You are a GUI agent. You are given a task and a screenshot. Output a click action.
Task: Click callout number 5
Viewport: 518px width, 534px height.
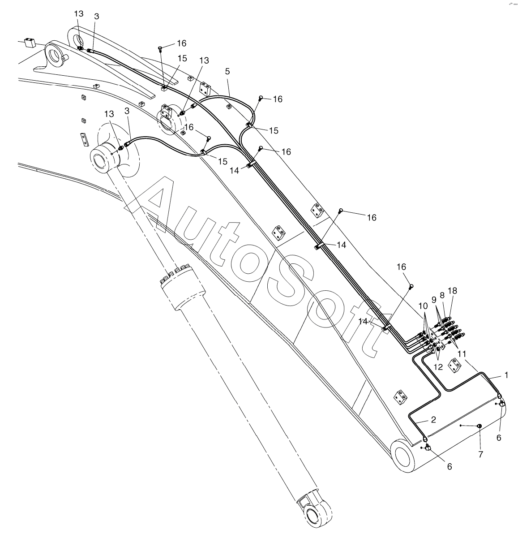point(227,72)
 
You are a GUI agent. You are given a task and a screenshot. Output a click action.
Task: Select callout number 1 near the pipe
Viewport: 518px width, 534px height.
point(506,375)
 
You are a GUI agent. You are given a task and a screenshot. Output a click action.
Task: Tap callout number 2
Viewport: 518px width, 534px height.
point(432,420)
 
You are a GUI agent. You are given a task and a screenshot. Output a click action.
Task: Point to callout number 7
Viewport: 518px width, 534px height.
point(481,454)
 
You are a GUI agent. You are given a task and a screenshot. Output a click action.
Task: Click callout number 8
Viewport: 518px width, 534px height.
point(442,296)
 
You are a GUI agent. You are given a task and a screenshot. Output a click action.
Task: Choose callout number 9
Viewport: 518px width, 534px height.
point(434,299)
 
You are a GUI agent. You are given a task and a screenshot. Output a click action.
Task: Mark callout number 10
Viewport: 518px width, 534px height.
point(423,306)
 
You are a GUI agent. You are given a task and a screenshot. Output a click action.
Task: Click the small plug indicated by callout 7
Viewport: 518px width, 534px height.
point(479,426)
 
